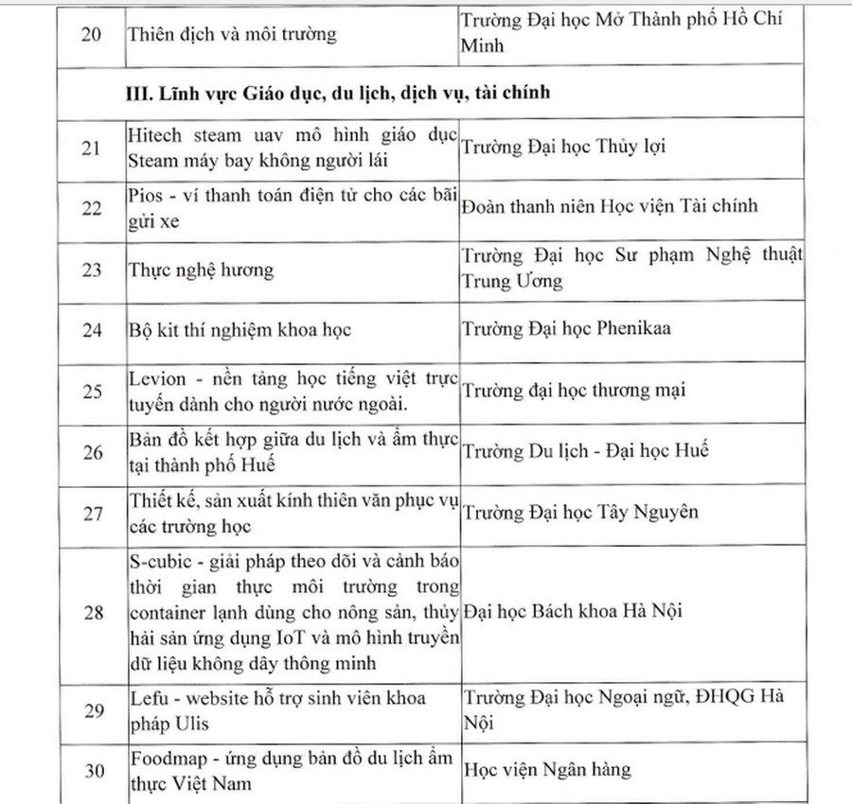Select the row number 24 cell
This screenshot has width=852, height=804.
pyautogui.click(x=92, y=330)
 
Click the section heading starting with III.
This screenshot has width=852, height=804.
pyautogui.click(x=340, y=94)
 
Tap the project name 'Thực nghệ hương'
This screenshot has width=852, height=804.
pyautogui.click(x=201, y=271)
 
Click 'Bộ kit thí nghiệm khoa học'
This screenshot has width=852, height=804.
pyautogui.click(x=239, y=330)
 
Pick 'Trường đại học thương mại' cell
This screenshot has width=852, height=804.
pyautogui.click(x=573, y=391)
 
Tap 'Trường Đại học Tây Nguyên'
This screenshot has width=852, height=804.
pyautogui.click(x=579, y=512)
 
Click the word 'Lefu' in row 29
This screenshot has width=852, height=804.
pyautogui.click(x=145, y=699)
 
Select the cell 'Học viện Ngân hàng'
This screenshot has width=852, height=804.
pyautogui.click(x=546, y=770)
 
